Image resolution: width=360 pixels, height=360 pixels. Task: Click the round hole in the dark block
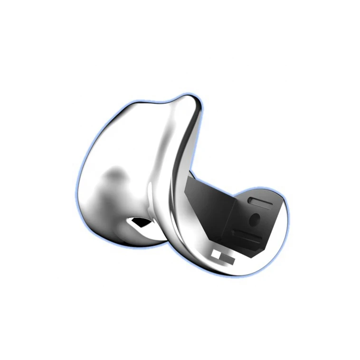pyautogui.click(x=255, y=219)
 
